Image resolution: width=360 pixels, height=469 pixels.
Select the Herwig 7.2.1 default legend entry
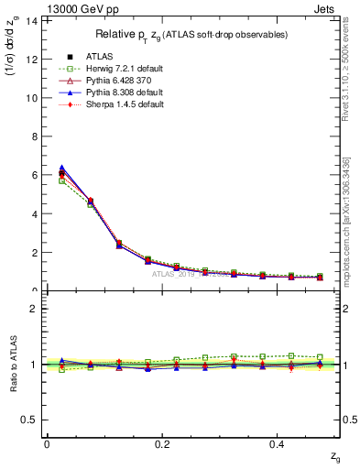pyautogui.click(x=109, y=68)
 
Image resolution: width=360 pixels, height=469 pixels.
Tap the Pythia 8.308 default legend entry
pyautogui.click(x=109, y=93)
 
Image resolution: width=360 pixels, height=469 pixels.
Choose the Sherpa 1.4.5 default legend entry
pyautogui.click(x=109, y=105)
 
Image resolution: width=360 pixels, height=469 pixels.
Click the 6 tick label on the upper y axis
pyautogui.click(x=34, y=175)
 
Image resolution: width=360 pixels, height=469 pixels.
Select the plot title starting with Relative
pyautogui.click(x=192, y=35)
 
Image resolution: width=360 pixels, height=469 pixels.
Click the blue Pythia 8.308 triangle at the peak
pyautogui.click(x=61, y=168)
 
